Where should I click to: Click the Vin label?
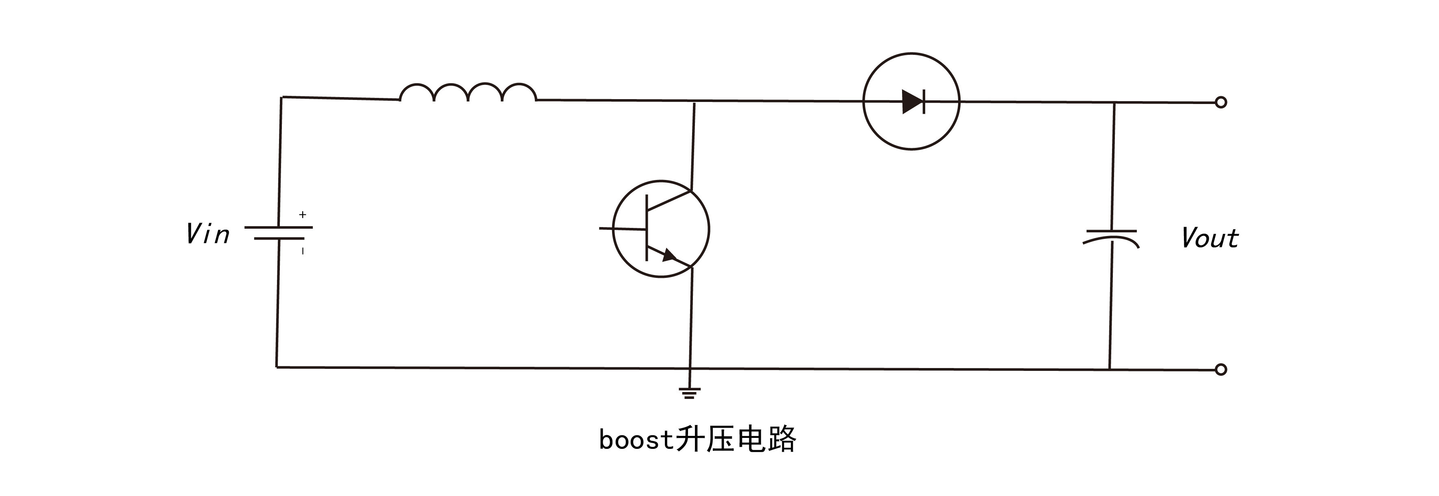click(x=207, y=234)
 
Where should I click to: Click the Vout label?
click(x=1210, y=238)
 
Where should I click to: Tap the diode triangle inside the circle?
click(x=912, y=102)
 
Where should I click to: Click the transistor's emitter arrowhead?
click(x=669, y=256)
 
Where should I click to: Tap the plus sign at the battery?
click(x=303, y=214)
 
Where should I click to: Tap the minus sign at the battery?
click(x=303, y=251)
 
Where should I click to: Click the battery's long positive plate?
click(x=278, y=227)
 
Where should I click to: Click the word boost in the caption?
click(x=636, y=440)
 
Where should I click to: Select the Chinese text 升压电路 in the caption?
click(x=736, y=439)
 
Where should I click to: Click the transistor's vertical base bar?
click(x=647, y=228)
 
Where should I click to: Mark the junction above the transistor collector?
click(x=694, y=102)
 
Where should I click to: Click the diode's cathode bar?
click(x=924, y=102)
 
